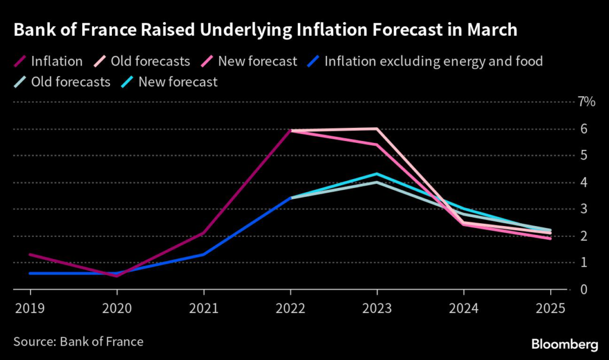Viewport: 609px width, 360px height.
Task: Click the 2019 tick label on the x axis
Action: coord(30,309)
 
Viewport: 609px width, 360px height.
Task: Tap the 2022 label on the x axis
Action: coord(290,309)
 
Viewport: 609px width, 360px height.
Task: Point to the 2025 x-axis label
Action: coord(550,309)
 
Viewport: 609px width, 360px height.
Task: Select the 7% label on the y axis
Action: coord(586,102)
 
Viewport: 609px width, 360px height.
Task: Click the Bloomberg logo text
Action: coord(564,343)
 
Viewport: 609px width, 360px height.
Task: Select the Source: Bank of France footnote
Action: coord(77,342)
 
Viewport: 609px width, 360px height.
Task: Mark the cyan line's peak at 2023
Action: coord(377,174)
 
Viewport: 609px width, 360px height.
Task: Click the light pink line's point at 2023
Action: coord(377,129)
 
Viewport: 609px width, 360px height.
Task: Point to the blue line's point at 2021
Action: coord(203,255)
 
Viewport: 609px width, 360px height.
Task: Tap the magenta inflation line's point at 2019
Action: coord(30,255)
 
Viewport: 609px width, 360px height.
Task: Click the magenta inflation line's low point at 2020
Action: coord(117,276)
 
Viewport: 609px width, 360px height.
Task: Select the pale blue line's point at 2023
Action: coord(377,182)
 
